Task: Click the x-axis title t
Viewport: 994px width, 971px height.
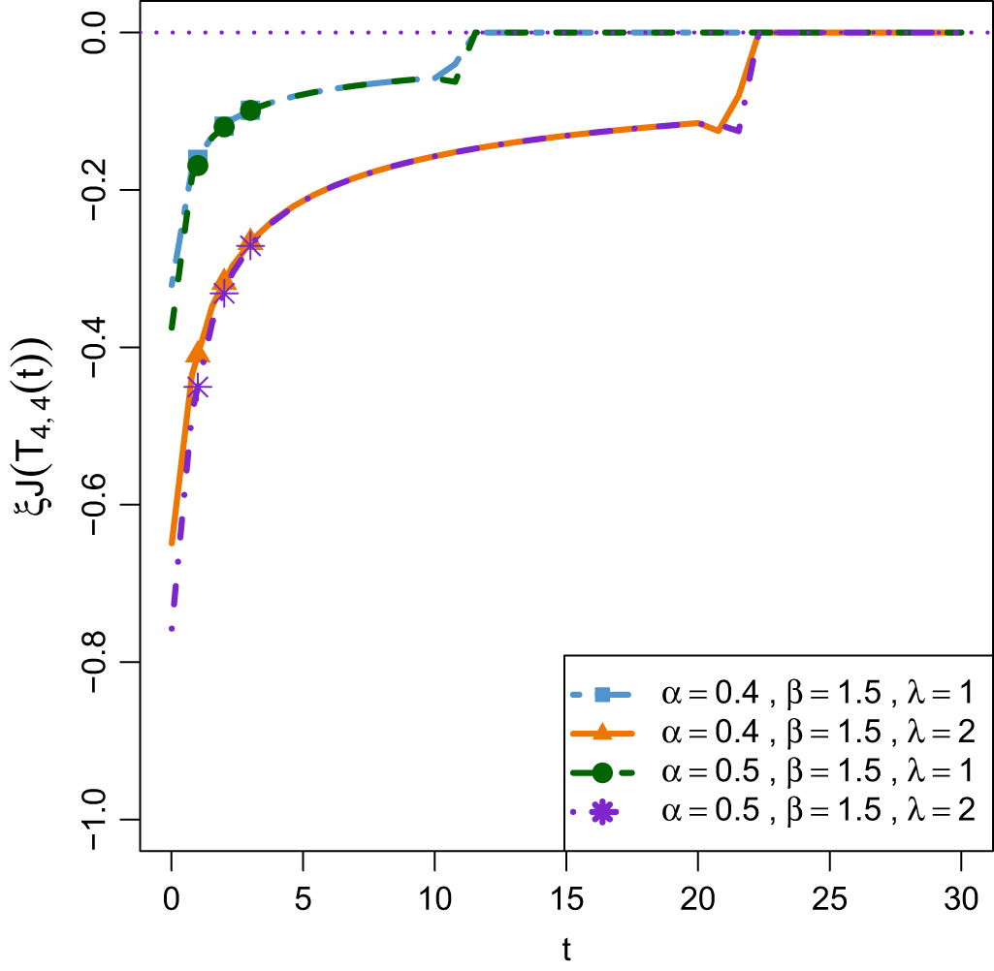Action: click(x=566, y=949)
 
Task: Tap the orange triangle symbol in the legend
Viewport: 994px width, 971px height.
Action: click(x=601, y=732)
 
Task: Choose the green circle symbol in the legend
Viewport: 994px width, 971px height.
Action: click(x=601, y=771)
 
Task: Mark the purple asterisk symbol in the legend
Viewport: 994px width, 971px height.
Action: click(x=601, y=811)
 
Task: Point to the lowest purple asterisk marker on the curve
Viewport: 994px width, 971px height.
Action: click(x=198, y=388)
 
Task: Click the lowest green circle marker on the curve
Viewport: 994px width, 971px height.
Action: click(x=198, y=165)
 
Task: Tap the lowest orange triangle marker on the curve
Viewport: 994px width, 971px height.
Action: click(x=198, y=352)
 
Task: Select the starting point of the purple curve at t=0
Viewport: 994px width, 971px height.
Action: click(x=172, y=629)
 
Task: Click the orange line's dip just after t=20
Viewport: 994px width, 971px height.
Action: click(x=718, y=130)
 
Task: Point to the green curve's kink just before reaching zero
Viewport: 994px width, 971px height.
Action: click(x=457, y=81)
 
